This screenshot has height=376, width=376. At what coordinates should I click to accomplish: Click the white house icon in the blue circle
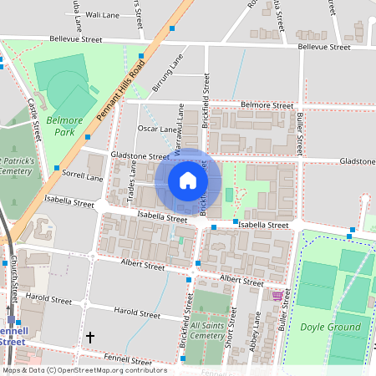(x=188, y=180)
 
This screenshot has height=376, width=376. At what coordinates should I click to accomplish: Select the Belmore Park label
(x=67, y=125)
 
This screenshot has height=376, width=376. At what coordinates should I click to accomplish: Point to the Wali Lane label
(x=103, y=15)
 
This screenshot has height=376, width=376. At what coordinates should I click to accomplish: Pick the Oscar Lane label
(x=156, y=130)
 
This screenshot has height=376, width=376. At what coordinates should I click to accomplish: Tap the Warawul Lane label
(x=179, y=126)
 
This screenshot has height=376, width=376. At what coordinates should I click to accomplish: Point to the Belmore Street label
(x=267, y=106)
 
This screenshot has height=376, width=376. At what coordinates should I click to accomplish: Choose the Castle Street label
(x=34, y=119)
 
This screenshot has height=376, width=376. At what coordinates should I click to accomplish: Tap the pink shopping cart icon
(x=277, y=295)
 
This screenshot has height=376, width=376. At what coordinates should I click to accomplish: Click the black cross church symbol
(x=90, y=338)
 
